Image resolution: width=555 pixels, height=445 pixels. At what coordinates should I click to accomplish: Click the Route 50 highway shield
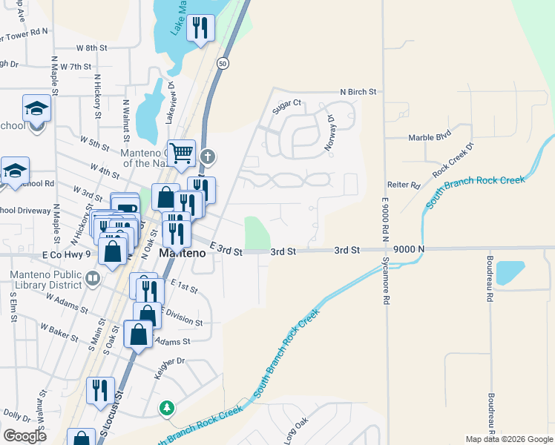click(223, 64)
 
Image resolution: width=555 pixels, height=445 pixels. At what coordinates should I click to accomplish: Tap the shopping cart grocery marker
click(180, 154)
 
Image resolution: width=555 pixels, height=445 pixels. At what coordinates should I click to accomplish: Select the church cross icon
click(208, 156)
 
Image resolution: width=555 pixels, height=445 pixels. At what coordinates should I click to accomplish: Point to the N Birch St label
click(358, 92)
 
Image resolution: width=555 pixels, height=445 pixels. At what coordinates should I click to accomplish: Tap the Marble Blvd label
click(430, 137)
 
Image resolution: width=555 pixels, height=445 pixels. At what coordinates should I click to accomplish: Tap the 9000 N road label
click(410, 250)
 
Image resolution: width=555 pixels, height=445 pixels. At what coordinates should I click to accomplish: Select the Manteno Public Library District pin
click(93, 279)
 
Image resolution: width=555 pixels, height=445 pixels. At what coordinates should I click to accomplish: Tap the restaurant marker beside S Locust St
click(100, 390)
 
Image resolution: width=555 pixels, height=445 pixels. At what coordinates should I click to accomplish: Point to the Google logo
click(24, 436)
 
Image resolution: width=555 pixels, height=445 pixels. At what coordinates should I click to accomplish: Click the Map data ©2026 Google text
click(509, 439)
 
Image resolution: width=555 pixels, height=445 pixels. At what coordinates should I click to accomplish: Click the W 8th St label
click(92, 47)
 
